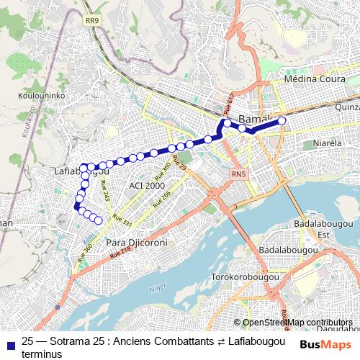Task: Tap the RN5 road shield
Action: click(238, 174)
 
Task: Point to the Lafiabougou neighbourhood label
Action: click(81, 173)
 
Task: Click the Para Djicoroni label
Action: click(137, 243)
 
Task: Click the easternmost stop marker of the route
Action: click(282, 121)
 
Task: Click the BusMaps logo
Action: click(325, 344)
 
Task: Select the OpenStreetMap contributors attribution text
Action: click(297, 323)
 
